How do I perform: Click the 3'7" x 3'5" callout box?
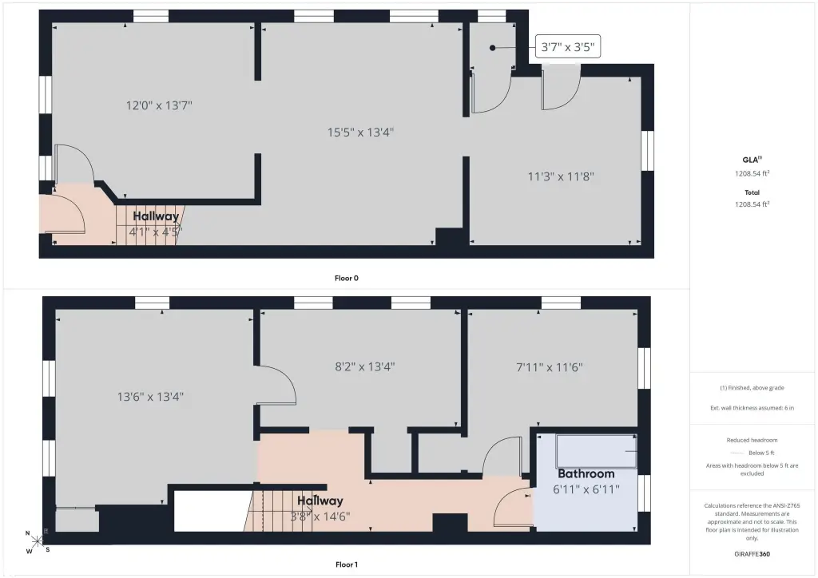568,47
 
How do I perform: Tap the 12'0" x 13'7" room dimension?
159,106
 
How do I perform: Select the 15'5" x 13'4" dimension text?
360,133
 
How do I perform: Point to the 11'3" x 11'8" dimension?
561,176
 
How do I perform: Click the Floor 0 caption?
347,279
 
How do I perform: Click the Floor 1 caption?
347,564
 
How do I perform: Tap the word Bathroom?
586,473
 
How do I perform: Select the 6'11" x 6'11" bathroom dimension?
586,489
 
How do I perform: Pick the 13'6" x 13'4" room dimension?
150,397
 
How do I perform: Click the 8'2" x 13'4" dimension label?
364,367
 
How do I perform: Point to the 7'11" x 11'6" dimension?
550,367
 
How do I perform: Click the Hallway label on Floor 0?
156,216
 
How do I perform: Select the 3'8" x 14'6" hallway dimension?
320,517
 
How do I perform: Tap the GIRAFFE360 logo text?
752,554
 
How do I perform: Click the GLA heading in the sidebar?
751,160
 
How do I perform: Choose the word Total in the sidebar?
752,192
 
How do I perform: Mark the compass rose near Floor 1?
38,541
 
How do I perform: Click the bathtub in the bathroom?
596,451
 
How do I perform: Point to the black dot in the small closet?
492,48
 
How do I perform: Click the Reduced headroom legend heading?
752,441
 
